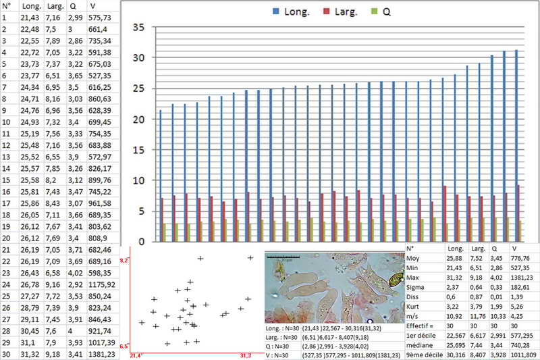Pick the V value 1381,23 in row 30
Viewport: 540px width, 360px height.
click(x=103, y=355)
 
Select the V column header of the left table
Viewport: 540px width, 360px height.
click(x=92, y=6)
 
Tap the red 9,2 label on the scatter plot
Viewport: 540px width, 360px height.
click(x=124, y=260)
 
